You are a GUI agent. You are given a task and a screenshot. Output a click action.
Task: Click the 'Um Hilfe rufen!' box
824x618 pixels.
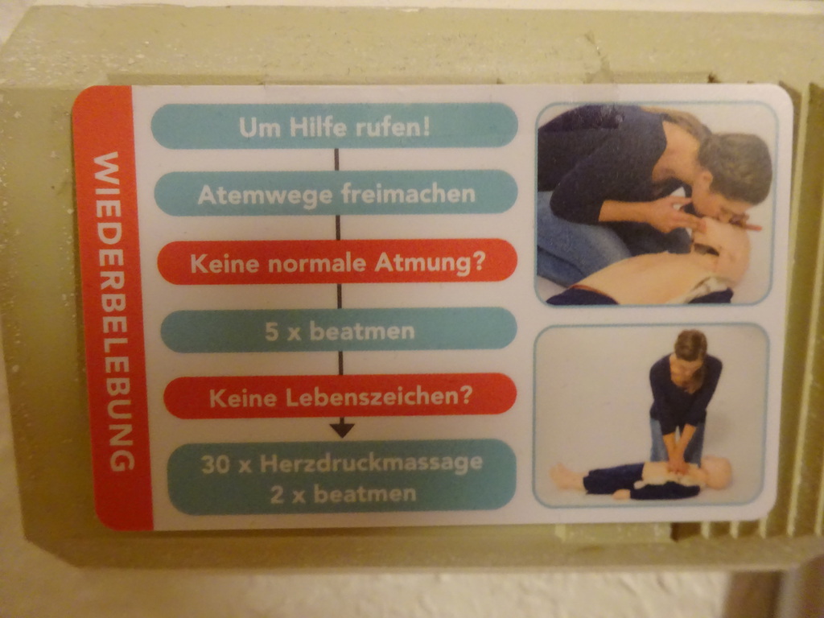click(335, 126)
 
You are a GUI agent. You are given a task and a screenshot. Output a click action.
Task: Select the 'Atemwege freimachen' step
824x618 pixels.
click(336, 193)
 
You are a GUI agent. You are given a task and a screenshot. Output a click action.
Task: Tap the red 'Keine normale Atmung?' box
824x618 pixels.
click(337, 262)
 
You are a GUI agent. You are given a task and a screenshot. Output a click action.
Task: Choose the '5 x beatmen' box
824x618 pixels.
click(339, 331)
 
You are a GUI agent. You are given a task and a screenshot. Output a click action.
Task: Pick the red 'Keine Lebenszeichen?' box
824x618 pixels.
click(340, 396)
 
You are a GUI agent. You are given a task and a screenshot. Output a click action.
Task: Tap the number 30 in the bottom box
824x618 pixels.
click(215, 464)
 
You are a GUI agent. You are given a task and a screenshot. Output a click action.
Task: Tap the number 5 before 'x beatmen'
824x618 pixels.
click(271, 332)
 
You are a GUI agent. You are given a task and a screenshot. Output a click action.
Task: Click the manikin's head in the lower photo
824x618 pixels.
click(715, 472)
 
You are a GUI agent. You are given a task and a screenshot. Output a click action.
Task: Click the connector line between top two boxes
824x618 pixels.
click(336, 159)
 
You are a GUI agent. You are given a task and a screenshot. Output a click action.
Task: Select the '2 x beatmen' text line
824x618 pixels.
click(343, 495)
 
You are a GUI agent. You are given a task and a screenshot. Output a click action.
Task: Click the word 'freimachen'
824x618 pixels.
click(408, 194)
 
